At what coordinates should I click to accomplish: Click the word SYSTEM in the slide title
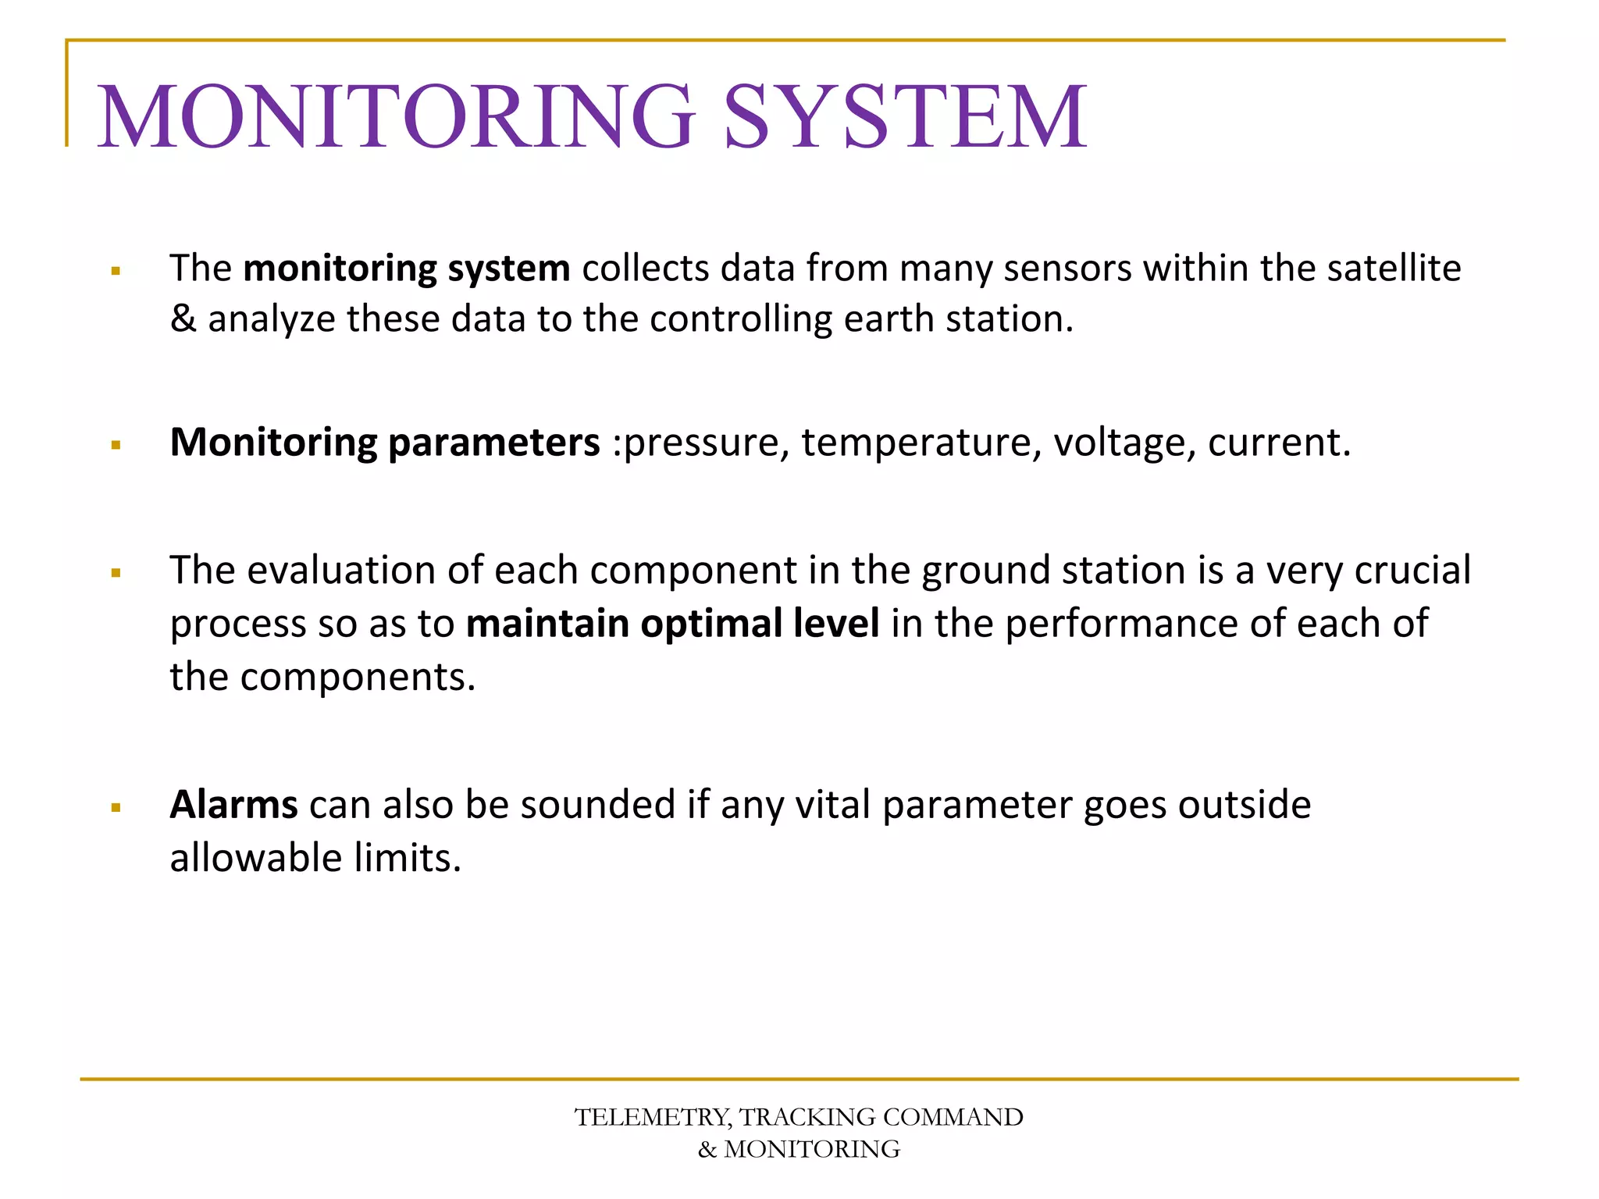905,117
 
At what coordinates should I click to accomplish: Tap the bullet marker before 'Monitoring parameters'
116,446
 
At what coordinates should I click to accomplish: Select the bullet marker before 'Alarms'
116,808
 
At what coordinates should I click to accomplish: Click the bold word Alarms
233,804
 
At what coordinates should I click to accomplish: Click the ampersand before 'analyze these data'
183,318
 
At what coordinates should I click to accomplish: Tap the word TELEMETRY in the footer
652,1117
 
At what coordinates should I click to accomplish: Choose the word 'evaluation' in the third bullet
341,570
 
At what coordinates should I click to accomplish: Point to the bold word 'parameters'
493,443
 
